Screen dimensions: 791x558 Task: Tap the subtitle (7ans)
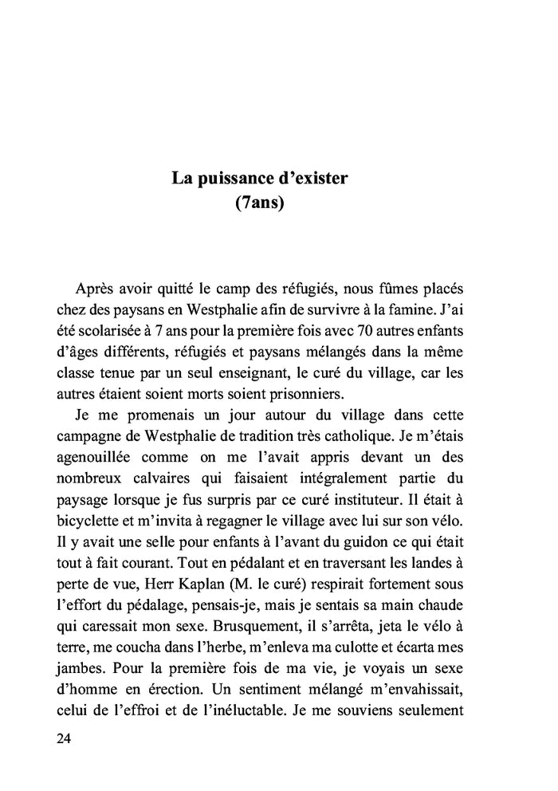(x=260, y=203)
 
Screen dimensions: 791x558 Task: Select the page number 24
(x=65, y=738)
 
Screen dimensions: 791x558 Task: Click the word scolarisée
(x=114, y=329)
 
